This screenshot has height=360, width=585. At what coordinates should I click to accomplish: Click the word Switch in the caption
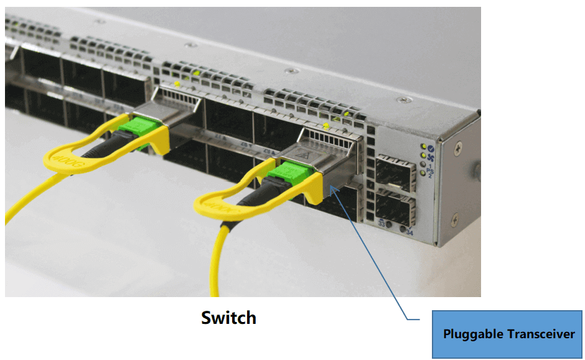tap(228, 318)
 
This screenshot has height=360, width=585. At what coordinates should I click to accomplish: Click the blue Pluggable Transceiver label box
tap(508, 334)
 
